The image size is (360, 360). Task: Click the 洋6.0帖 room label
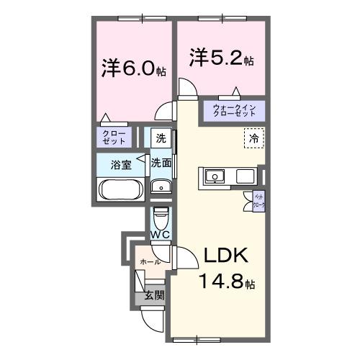click(134, 70)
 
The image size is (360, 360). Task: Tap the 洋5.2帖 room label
click(221, 58)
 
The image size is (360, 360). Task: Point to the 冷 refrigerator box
click(253, 137)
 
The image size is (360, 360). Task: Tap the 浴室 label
click(121, 165)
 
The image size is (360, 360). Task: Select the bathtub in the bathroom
click(121, 191)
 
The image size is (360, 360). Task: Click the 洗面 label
click(161, 163)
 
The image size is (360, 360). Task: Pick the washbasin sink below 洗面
click(161, 189)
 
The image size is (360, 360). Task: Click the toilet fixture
click(161, 217)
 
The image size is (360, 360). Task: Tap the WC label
click(160, 235)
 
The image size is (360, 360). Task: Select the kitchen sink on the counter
click(215, 176)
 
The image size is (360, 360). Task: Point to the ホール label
click(150, 261)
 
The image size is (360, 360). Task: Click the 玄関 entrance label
click(153, 294)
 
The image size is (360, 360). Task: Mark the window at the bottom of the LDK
click(196, 337)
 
